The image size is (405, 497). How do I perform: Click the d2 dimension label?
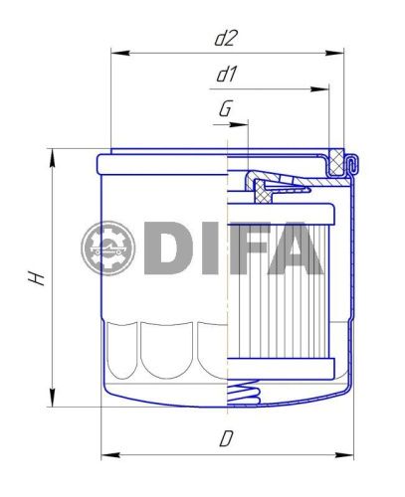click(227, 39)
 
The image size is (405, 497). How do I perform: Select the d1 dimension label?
click(227, 76)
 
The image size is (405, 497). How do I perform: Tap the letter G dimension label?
click(226, 109)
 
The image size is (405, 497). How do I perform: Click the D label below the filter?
click(227, 438)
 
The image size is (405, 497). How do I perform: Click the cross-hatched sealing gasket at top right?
click(350, 162)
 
